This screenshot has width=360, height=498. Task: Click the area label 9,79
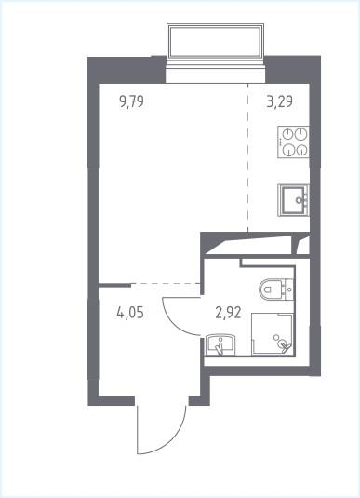(x=132, y=102)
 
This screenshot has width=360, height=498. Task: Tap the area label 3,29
(x=280, y=102)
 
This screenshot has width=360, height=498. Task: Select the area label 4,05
(x=130, y=313)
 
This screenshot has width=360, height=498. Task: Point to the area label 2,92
(x=228, y=313)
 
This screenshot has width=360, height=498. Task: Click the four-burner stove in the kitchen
(x=293, y=142)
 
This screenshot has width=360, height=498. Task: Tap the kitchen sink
(x=293, y=200)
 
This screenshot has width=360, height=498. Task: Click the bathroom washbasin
(x=220, y=345)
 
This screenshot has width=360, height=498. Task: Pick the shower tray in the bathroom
(x=273, y=333)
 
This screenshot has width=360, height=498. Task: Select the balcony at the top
(x=215, y=41)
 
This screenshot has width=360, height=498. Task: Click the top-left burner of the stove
(x=287, y=134)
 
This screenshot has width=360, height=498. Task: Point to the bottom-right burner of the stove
(x=301, y=150)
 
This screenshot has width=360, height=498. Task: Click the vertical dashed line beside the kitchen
(x=248, y=157)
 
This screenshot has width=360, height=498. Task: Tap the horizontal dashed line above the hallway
(x=166, y=283)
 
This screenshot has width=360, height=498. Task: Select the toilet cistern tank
(x=289, y=289)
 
